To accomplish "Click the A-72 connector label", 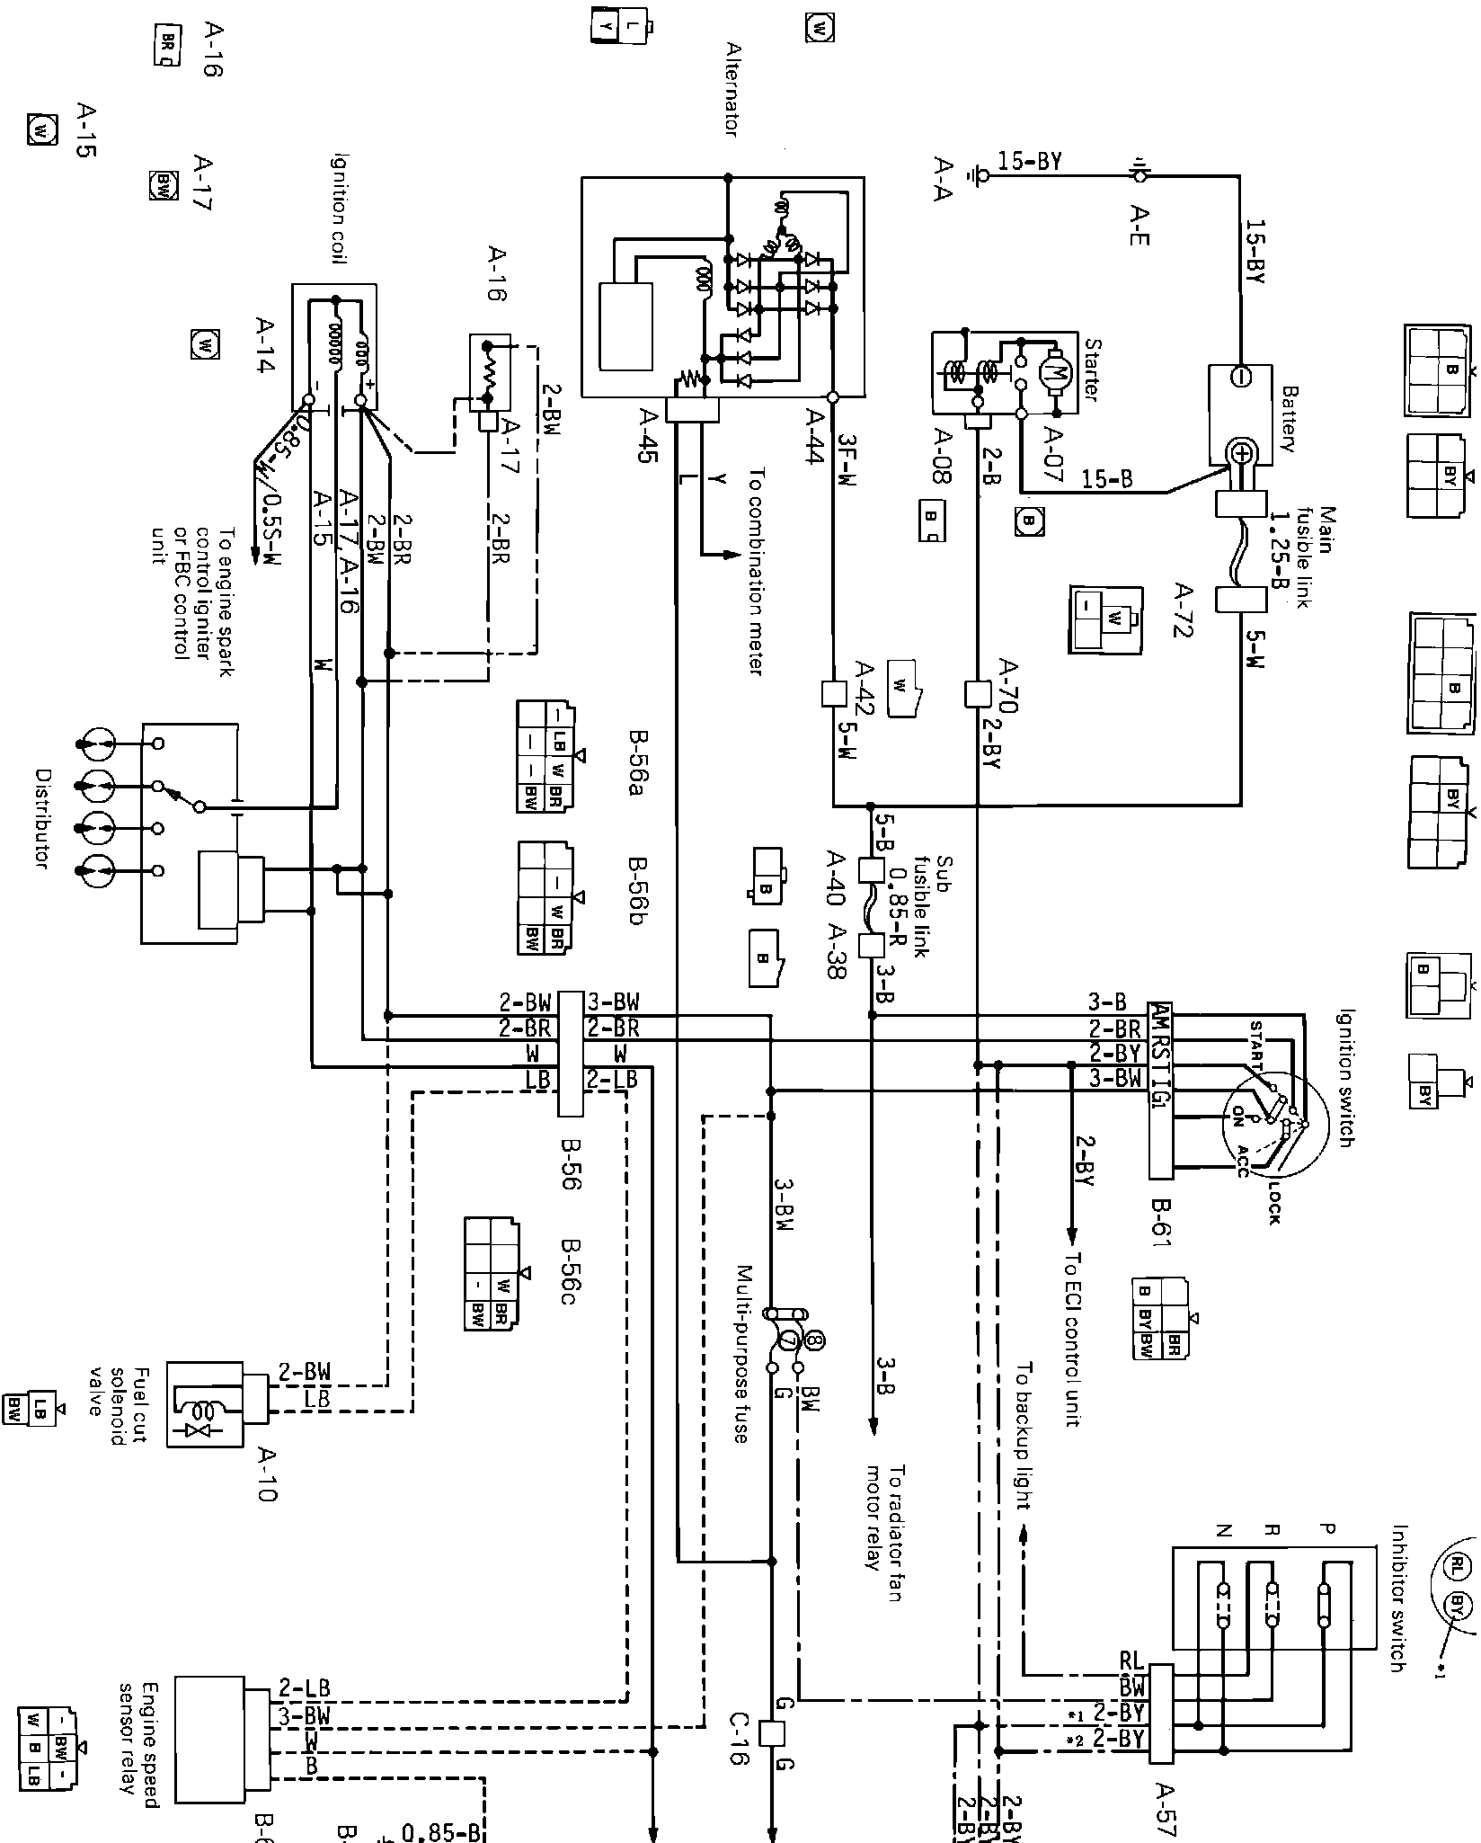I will pos(1184,610).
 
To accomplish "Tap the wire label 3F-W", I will pos(847,460).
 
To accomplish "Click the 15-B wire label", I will pos(1107,479).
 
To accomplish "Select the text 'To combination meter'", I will pos(756,571).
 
